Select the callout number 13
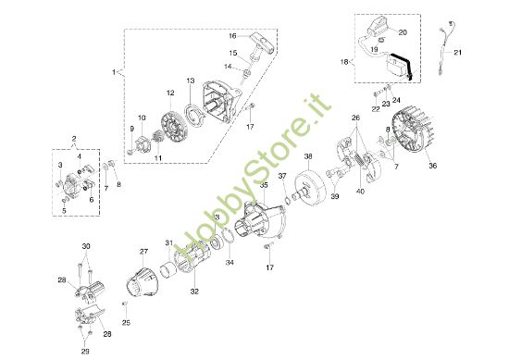(189, 82)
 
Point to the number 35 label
(264, 185)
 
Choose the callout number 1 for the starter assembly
(114, 71)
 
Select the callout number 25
(127, 322)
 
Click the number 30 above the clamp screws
(86, 245)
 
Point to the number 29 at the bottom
(86, 352)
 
